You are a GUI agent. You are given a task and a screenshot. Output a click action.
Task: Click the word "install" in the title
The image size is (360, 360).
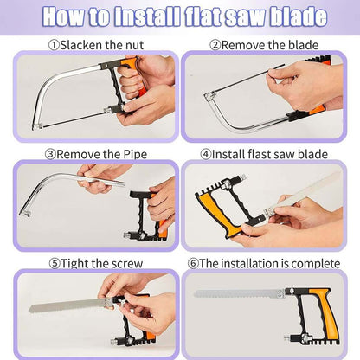147,16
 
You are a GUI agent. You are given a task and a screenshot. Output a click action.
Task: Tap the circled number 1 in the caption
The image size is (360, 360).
54,45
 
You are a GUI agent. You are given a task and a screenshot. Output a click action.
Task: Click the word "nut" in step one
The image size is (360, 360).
134,45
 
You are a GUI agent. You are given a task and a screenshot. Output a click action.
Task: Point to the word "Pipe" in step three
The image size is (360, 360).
135,155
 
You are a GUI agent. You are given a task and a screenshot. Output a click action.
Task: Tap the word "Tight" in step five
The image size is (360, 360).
74,264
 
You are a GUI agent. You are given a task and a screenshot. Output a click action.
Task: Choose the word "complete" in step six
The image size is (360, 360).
316,264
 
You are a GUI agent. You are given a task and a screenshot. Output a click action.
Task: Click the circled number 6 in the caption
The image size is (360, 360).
193,264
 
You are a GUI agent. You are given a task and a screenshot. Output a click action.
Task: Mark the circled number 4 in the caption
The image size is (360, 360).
206,154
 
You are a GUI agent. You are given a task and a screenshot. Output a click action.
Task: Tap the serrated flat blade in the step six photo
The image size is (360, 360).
238,294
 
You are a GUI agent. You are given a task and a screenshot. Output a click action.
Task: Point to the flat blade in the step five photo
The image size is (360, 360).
67,305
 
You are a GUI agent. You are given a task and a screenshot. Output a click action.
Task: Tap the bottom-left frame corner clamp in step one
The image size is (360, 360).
37,126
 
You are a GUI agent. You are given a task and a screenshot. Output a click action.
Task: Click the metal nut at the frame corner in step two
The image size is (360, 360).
209,95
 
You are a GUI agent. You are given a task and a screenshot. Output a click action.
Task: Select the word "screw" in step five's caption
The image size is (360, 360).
127,264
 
